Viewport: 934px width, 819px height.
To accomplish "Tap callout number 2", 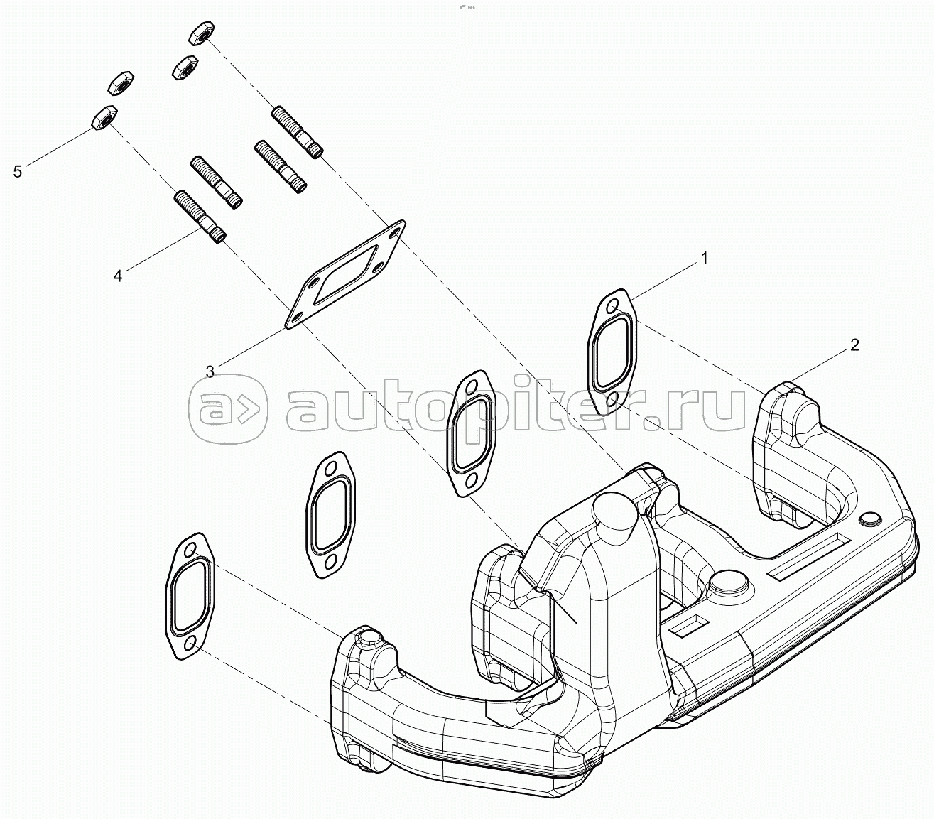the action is click(x=854, y=345).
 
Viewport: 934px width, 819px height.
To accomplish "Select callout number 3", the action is click(x=210, y=371).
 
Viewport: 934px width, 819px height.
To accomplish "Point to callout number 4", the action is click(x=118, y=276).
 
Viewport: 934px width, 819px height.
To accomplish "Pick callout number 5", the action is click(x=18, y=171).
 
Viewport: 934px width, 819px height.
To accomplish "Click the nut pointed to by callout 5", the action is click(x=103, y=119).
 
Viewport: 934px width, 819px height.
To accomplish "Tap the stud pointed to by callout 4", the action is click(x=200, y=216).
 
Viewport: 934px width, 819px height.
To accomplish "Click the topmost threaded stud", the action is click(x=298, y=132).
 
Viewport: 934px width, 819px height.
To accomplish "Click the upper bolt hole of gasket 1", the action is click(x=611, y=308).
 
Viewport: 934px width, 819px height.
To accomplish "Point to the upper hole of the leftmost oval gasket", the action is click(x=189, y=550).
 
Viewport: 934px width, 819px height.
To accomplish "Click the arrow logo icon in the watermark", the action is click(x=228, y=409).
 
